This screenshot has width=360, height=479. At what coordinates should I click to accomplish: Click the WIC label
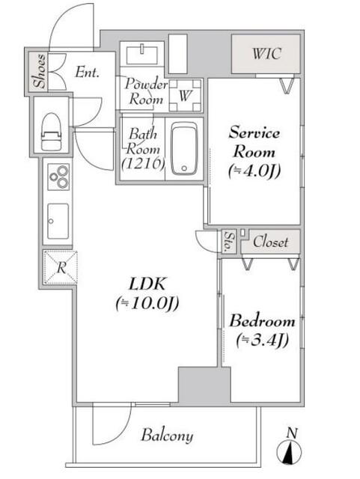tap(266, 54)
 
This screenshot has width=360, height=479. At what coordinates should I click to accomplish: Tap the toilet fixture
tap(51, 132)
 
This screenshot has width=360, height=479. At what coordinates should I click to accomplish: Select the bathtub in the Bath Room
tap(184, 149)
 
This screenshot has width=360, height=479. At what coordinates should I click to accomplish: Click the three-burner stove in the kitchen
tap(58, 177)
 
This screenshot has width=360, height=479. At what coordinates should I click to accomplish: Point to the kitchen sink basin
tap(58, 221)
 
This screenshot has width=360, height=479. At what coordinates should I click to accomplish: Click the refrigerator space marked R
tap(60, 268)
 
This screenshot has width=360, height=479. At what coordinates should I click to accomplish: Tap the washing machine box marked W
tap(185, 95)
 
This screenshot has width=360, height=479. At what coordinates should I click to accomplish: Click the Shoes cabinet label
tap(40, 72)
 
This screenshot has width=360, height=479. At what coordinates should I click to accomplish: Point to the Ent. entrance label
tap(87, 73)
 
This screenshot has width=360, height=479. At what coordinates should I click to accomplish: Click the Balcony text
tap(167, 436)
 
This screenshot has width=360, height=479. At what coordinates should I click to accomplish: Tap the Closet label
tap(270, 242)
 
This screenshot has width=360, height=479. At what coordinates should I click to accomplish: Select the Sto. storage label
tap(229, 242)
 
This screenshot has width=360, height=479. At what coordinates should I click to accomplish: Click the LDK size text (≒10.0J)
tap(147, 304)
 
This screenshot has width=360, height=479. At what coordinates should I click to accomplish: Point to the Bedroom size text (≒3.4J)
tap(263, 340)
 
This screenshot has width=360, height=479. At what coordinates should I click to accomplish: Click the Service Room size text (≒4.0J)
tap(254, 171)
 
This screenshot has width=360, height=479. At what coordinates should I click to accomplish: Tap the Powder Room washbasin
tap(142, 55)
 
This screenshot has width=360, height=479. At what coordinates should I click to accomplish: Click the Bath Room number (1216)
tap(143, 164)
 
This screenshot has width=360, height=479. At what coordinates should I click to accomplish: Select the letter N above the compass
tap(293, 433)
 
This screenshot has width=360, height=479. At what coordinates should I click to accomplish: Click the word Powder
tap(147, 85)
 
